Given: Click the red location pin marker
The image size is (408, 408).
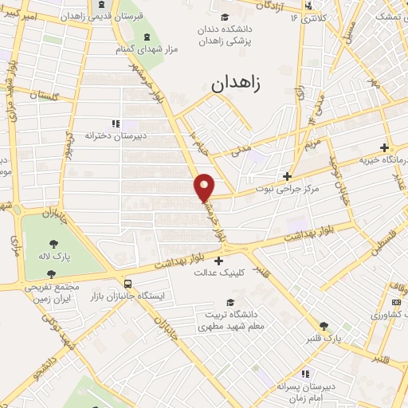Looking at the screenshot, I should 205,186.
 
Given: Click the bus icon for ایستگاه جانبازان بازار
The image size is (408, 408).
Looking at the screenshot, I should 127,282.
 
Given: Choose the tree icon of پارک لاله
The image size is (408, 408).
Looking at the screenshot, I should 53,245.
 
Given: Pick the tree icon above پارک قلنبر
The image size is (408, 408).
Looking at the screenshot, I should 324,326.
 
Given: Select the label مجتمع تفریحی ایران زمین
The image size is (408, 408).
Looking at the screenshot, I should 53,292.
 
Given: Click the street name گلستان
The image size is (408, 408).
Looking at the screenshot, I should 44,96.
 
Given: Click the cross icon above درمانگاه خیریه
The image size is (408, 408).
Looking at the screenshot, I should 385,147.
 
